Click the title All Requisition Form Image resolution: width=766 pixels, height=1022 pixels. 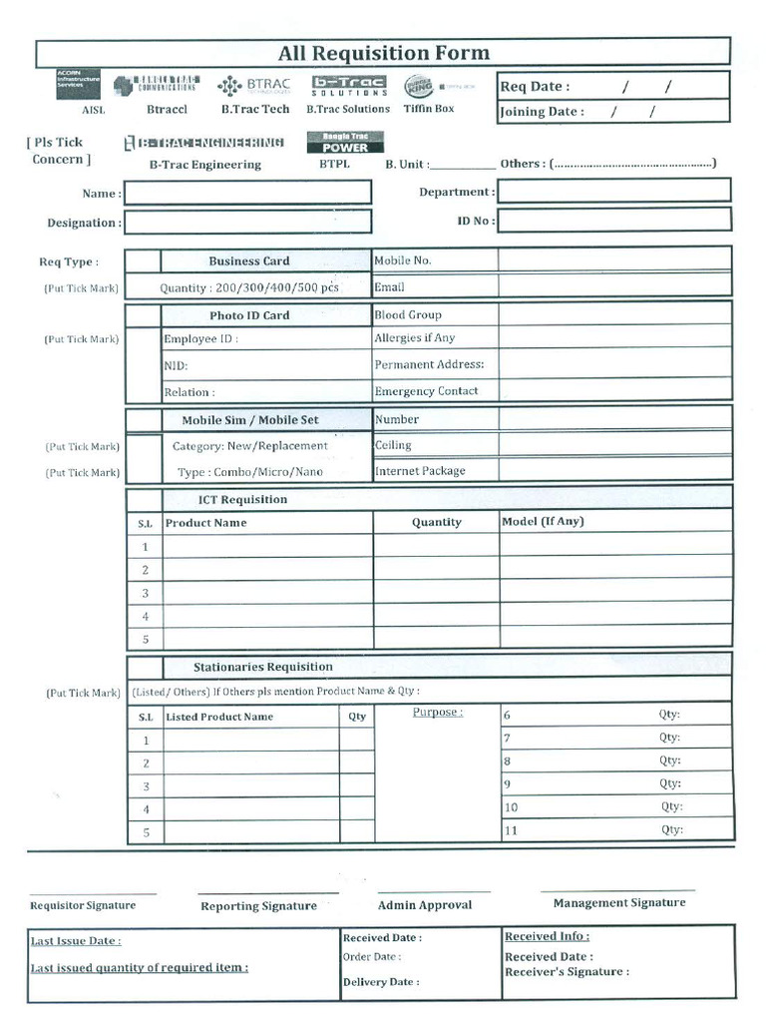click(x=383, y=53)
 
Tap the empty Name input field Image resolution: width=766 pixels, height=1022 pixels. click(x=247, y=193)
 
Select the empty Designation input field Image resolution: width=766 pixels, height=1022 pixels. click(x=247, y=223)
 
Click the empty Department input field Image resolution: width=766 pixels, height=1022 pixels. click(x=613, y=191)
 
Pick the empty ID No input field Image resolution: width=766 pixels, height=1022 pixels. click(x=613, y=221)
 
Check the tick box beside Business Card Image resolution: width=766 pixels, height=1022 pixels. click(x=144, y=261)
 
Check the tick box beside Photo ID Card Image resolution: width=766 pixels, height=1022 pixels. click(x=144, y=315)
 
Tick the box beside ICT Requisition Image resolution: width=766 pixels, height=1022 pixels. click(x=145, y=499)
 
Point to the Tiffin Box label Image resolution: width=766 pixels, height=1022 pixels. click(x=429, y=109)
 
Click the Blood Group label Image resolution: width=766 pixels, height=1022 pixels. click(x=408, y=315)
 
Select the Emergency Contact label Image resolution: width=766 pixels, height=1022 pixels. click(x=426, y=391)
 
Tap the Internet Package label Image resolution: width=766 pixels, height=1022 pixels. click(x=420, y=471)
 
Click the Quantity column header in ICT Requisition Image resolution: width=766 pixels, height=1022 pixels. click(x=436, y=522)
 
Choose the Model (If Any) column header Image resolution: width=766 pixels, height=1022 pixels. click(x=543, y=521)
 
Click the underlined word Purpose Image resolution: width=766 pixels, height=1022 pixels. click(x=437, y=713)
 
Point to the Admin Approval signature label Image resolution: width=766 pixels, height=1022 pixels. click(x=425, y=905)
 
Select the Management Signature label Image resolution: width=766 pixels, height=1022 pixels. click(x=619, y=902)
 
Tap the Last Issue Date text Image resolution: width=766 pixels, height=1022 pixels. click(x=76, y=941)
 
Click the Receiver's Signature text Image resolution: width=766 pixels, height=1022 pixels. click(x=567, y=971)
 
